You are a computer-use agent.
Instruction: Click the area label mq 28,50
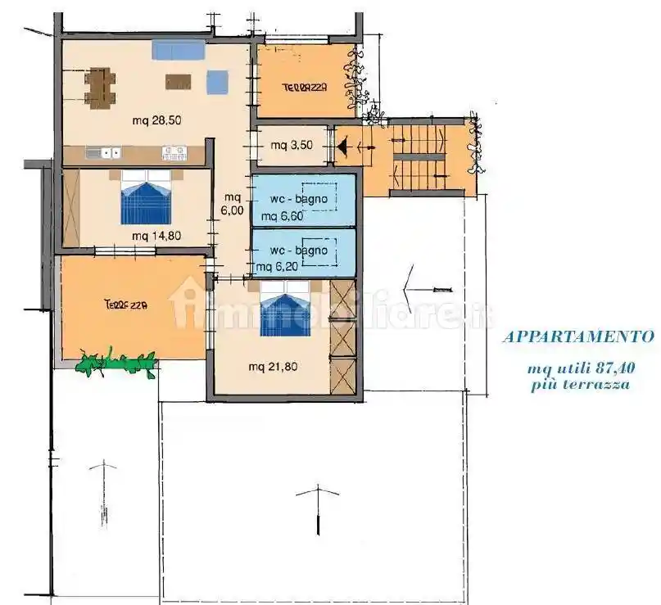point(156,120)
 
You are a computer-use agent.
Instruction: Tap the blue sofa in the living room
point(179,50)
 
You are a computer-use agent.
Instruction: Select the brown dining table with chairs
point(100,88)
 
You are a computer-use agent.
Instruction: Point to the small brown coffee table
point(178,82)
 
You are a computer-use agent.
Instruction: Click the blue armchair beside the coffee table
point(218,82)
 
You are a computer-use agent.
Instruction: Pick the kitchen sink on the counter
point(104,152)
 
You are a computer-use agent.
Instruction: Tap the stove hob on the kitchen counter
point(174,153)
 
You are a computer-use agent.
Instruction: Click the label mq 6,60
point(282,217)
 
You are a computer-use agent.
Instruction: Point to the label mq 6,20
point(277,267)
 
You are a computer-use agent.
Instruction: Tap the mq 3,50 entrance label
point(292,146)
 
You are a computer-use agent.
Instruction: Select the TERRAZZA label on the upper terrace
point(305,88)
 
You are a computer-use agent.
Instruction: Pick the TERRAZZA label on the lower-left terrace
point(125,305)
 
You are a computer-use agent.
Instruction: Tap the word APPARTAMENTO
point(579,337)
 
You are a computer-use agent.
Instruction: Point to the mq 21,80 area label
point(274,367)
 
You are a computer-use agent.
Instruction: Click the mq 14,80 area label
point(156,236)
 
